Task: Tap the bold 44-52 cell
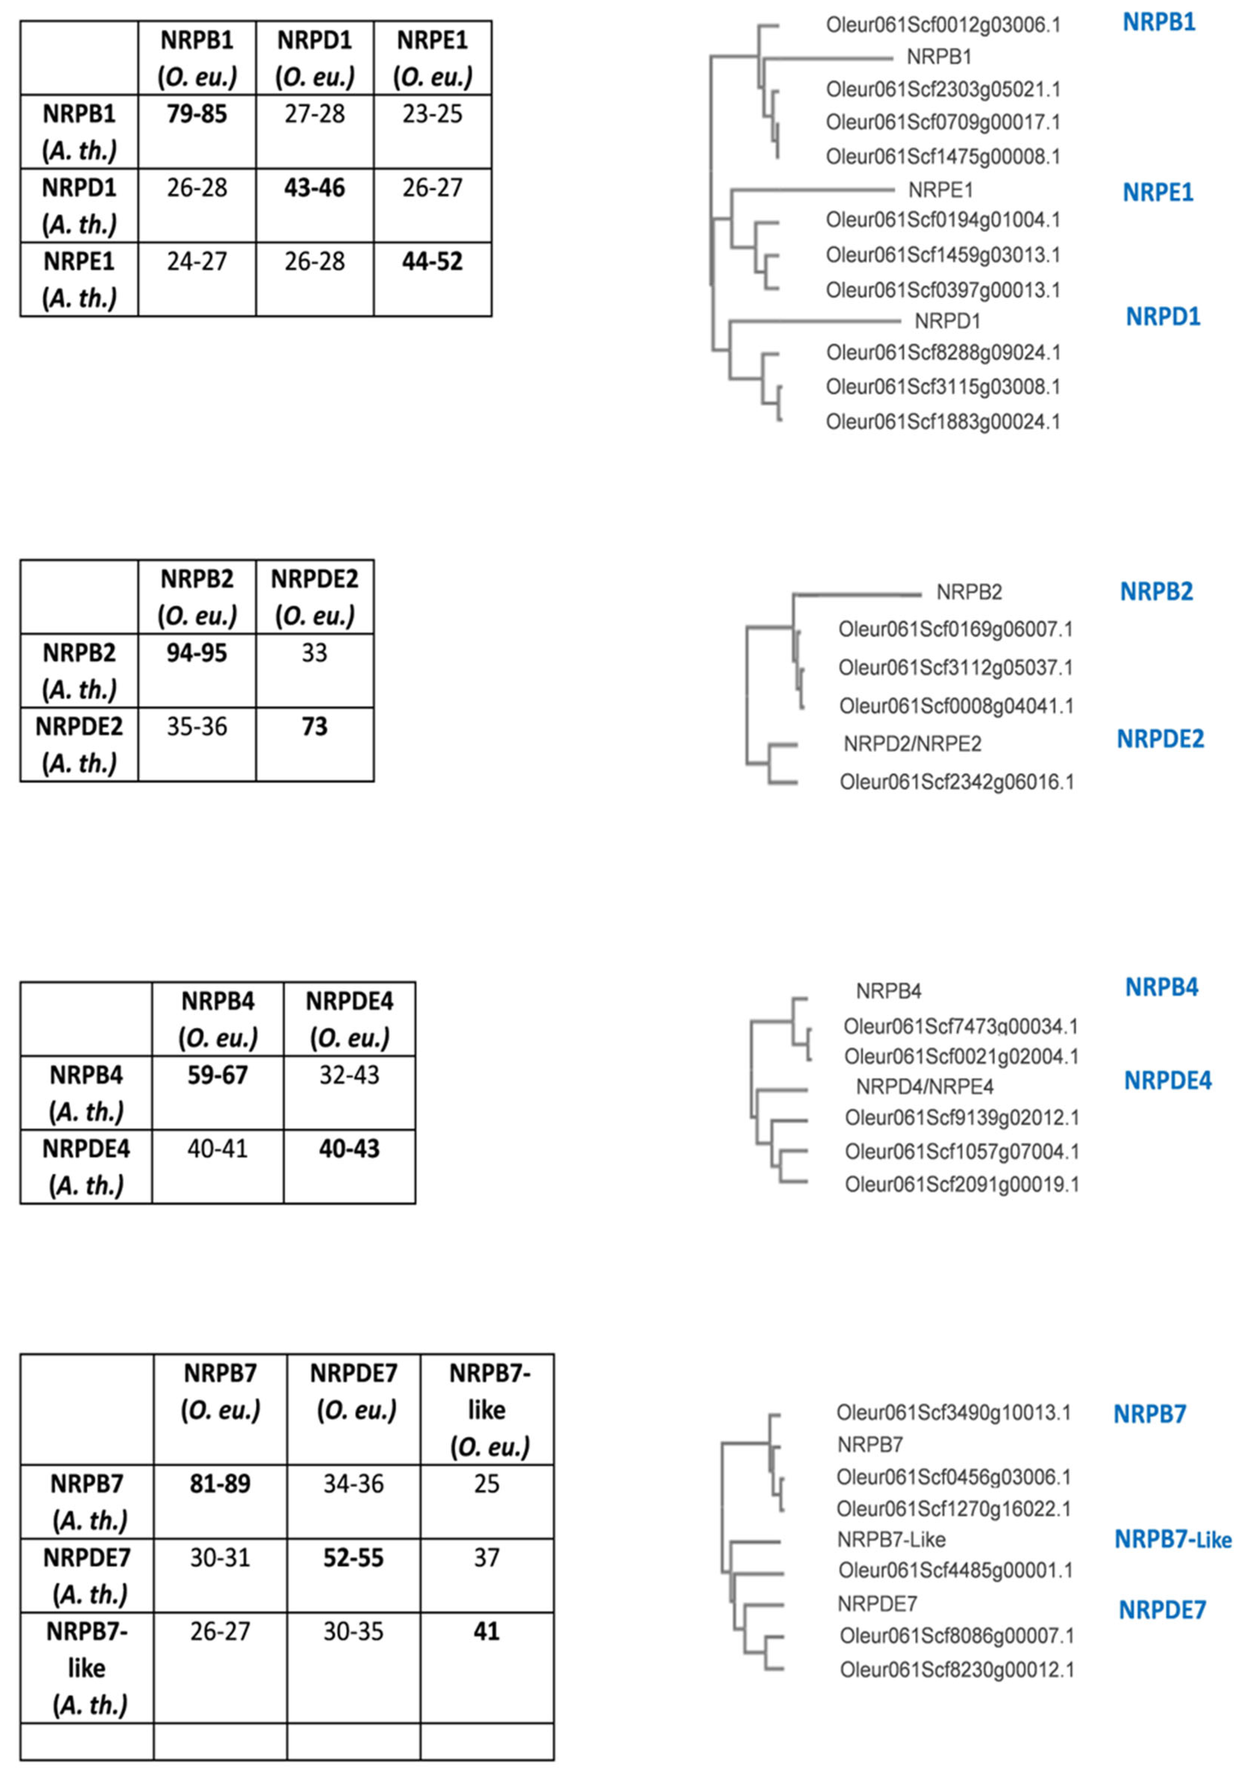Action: pos(432,261)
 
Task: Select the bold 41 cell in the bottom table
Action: pos(486,1631)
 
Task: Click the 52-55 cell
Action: pos(353,1557)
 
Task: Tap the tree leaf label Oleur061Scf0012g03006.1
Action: pos(943,25)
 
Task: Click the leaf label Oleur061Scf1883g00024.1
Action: pos(943,421)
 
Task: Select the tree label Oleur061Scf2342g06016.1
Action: pos(957,782)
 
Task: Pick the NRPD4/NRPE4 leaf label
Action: pos(924,1087)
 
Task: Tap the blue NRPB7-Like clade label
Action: pos(1172,1539)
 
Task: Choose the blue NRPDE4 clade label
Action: pos(1167,1081)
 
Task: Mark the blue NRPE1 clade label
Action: pos(1158,192)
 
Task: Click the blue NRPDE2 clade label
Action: pos(1160,739)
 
